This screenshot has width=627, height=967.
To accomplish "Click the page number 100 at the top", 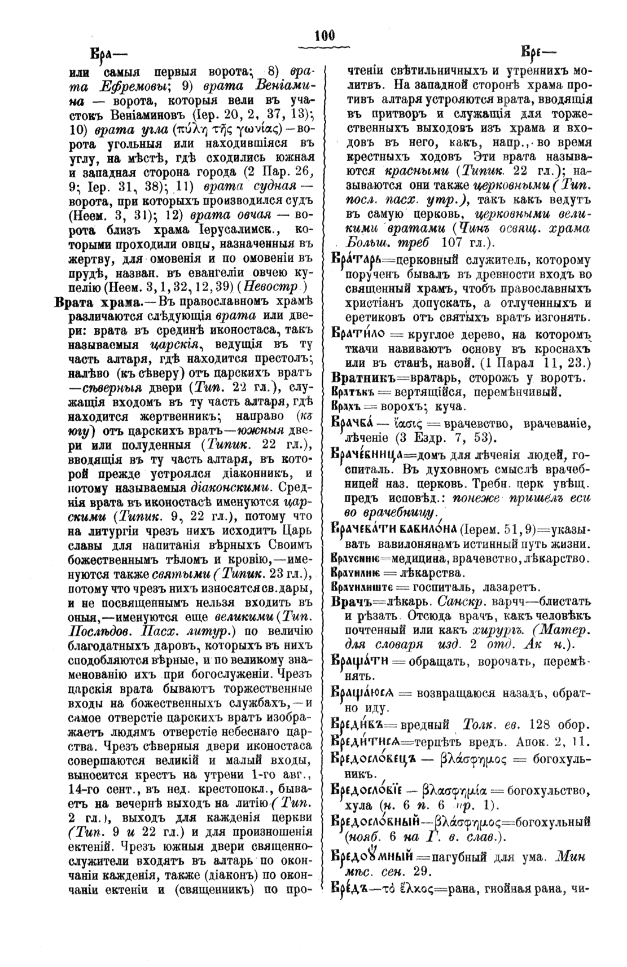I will pos(325,36).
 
